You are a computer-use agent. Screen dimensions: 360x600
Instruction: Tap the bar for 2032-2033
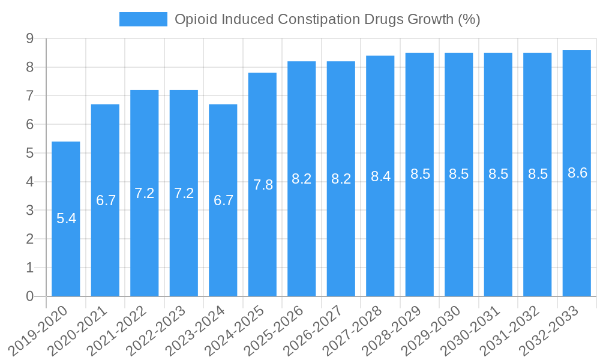577,240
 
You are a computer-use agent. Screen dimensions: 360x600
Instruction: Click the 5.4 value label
66,218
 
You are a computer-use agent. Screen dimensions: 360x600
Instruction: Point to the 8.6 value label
577,173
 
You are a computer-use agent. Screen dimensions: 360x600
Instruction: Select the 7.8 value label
263,185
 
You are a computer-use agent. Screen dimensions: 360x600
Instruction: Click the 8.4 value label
380,176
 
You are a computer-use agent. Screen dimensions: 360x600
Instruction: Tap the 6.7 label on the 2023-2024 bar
223,200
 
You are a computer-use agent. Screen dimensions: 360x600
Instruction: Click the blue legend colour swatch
143,19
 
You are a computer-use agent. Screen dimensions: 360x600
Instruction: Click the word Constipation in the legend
319,19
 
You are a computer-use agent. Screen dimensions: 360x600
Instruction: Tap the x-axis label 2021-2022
125,330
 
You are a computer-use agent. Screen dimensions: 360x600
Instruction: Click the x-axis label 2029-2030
439,330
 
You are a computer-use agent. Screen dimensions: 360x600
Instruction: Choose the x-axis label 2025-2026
282,330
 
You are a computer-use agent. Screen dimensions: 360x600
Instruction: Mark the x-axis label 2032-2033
557,330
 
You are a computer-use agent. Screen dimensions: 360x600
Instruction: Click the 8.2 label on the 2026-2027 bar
341,179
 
